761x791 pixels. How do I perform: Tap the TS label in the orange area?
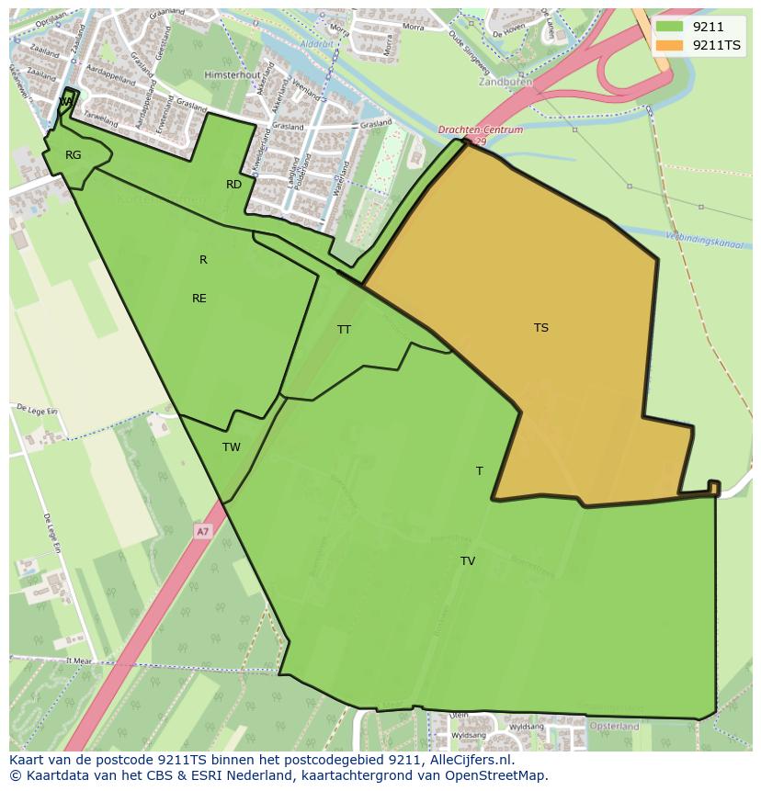coord(541,328)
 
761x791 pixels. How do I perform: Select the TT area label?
coord(344,330)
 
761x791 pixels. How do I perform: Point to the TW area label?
coord(232,447)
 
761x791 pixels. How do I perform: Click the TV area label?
coord(468,561)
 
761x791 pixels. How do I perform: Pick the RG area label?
coord(74,155)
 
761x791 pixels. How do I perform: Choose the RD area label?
coord(234,185)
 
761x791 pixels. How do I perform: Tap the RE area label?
coord(199,299)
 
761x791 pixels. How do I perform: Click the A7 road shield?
coord(202,531)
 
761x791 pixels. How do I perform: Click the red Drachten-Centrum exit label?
coord(481,130)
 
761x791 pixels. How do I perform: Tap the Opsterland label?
coord(614,726)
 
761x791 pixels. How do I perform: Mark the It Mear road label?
coord(79,660)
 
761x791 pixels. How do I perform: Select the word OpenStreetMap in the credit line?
coord(497,775)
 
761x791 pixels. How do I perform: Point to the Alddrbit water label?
coord(317,42)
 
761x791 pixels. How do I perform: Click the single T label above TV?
coord(479,471)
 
